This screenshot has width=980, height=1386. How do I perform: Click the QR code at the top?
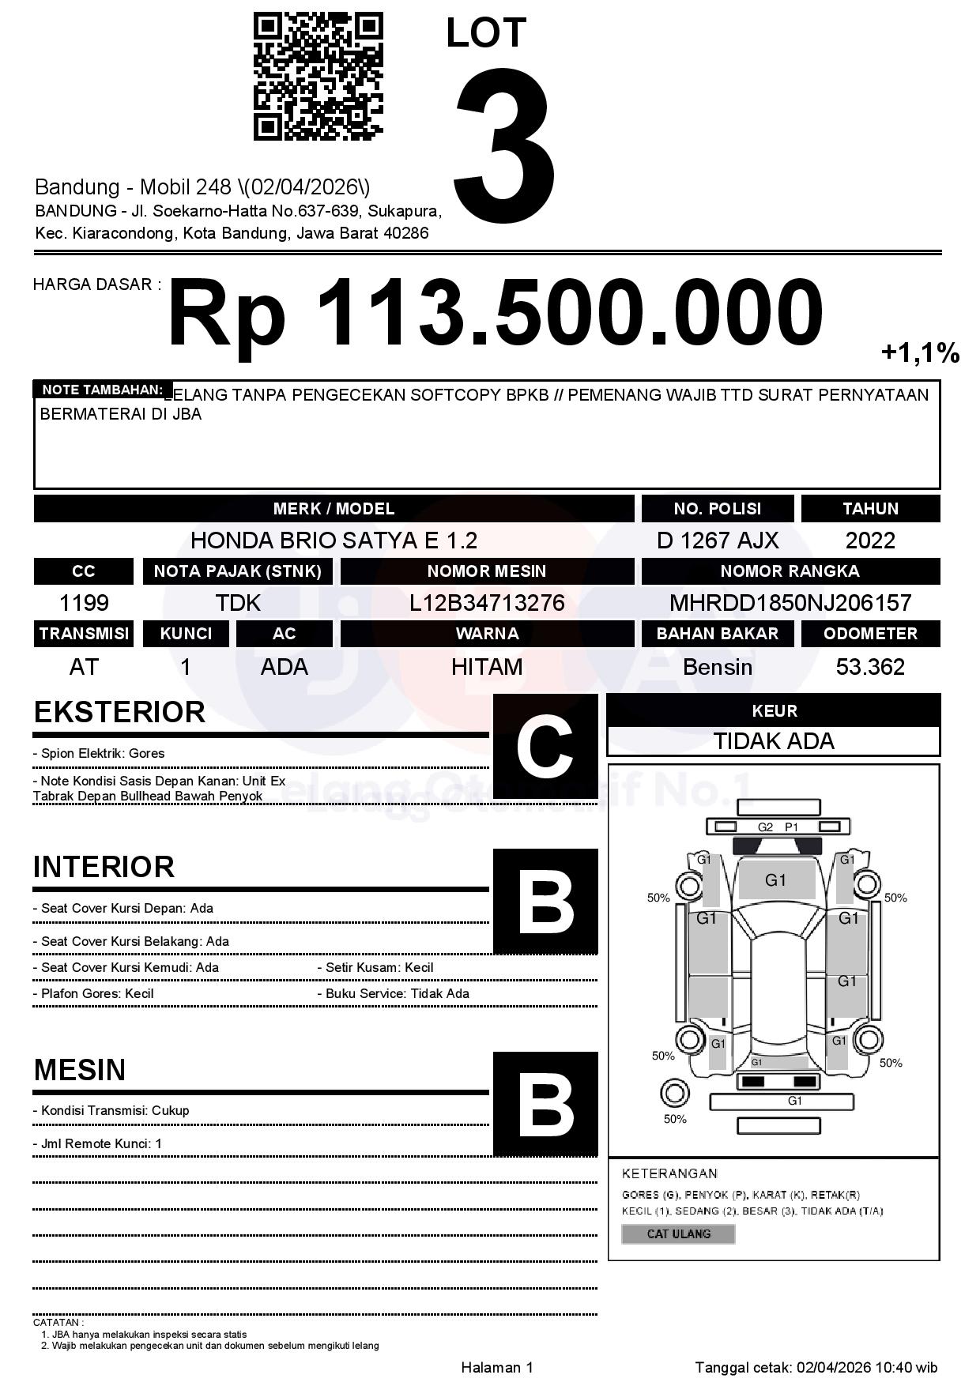[318, 77]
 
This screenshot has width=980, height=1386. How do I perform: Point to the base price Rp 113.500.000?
[495, 313]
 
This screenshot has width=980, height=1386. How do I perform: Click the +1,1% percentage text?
[919, 352]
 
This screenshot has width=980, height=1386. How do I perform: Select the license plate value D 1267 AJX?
[717, 540]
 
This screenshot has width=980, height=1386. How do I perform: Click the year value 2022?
[870, 540]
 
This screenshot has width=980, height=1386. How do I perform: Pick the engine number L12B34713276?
[487, 603]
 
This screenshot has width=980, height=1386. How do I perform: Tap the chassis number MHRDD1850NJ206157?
[790, 603]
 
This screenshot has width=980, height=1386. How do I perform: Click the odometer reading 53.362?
[870, 667]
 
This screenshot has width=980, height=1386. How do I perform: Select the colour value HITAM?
[487, 667]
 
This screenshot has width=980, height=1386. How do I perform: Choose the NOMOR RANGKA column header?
[790, 571]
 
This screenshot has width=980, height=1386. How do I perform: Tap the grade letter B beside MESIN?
[545, 1103]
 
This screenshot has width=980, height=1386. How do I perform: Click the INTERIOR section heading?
[104, 867]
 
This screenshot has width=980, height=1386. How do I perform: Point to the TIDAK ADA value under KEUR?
[774, 741]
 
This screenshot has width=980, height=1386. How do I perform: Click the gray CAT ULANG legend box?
[678, 1233]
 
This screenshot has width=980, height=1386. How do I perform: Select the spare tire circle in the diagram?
[674, 1094]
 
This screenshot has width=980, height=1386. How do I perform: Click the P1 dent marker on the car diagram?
[791, 827]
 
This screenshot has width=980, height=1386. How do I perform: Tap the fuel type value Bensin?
[717, 667]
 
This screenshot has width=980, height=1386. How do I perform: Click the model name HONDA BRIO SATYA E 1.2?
[334, 540]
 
